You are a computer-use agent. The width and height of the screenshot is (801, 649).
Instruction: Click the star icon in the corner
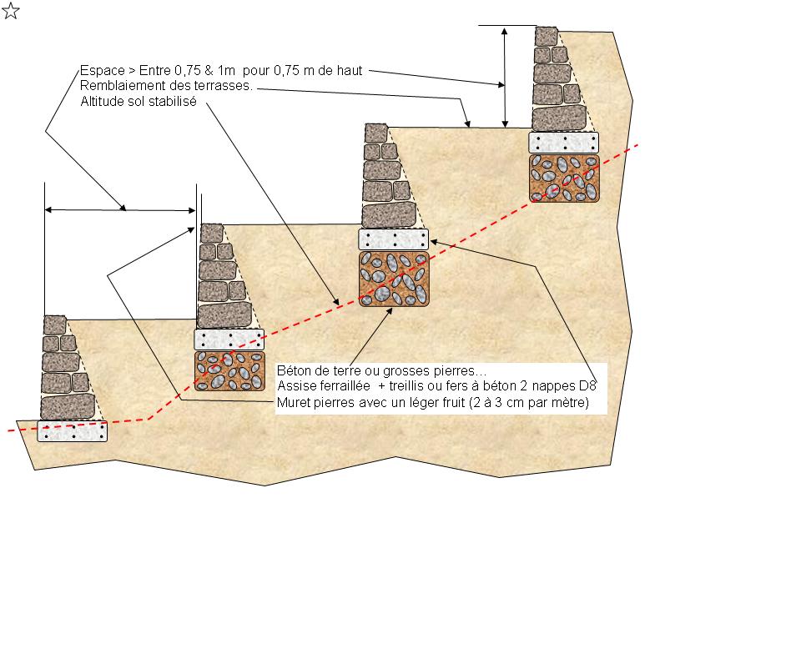coord(11,11)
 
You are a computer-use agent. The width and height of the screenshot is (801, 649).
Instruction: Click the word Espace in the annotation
coord(102,70)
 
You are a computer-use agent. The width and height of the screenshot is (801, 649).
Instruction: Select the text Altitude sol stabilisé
coord(139,101)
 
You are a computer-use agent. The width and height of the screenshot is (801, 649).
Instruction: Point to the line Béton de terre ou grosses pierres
coord(381,370)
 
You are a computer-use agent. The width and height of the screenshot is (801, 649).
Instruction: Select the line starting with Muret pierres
coord(433,402)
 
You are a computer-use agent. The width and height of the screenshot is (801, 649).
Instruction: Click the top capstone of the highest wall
coord(547,36)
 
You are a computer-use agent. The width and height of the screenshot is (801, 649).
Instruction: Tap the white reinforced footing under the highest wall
coord(563,143)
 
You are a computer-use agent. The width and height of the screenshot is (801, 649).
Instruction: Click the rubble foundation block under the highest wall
coord(564,179)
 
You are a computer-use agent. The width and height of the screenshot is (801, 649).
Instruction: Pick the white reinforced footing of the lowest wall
coord(73,431)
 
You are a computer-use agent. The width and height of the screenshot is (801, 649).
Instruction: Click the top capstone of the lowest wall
coord(55,325)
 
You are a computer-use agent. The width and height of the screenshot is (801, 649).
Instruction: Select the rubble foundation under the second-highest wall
coord(394,279)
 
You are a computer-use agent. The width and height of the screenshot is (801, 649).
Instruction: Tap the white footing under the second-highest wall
coord(393,239)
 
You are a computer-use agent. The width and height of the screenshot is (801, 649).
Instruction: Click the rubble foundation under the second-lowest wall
coord(230,371)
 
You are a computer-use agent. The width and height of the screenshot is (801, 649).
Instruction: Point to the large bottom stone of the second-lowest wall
coord(224,315)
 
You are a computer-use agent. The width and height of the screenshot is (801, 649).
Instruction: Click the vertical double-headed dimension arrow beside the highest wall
coord(505,77)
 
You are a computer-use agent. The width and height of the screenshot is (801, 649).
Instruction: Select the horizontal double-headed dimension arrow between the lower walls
coord(120,210)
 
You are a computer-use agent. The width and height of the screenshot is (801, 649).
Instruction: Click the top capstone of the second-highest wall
coord(376,133)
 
